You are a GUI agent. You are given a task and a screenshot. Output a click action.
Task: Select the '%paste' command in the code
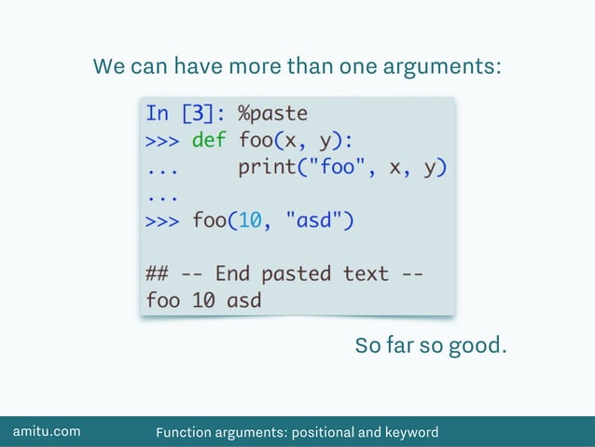pos(272,114)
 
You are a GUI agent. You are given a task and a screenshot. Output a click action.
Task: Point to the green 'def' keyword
pos(209,142)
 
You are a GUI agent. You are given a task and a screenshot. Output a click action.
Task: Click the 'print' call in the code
pos(266,169)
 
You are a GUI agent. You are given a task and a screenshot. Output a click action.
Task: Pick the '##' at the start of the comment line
pos(157,274)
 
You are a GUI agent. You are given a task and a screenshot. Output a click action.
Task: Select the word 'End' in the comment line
pos(232,274)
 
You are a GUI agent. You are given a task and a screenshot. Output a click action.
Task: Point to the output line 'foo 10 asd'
pos(203,301)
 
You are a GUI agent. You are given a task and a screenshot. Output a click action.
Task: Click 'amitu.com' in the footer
pos(46,431)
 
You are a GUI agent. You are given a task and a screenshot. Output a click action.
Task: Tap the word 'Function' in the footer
pos(185,432)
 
